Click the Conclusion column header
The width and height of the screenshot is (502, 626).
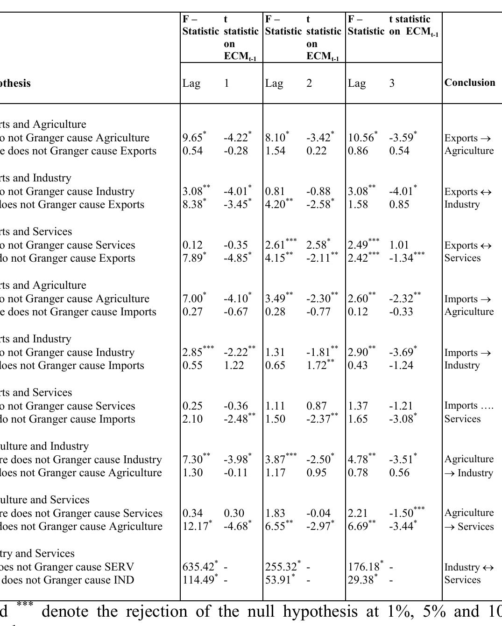click(469, 83)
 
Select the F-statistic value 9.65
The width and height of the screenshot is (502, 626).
click(193, 138)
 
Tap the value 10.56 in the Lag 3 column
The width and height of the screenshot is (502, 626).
click(361, 138)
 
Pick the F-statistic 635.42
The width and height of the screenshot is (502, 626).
click(198, 567)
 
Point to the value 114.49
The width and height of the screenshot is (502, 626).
click(198, 580)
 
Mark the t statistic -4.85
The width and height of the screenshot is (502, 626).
click(236, 258)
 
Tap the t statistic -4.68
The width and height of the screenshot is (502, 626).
click(236, 527)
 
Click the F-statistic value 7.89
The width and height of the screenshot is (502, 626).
click(193, 258)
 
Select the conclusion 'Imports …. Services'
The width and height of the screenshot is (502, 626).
click(468, 412)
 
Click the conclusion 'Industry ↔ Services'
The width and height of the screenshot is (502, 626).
click(469, 574)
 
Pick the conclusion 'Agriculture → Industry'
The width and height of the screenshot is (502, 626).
click(469, 466)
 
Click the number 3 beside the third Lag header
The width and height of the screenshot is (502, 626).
click(392, 83)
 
